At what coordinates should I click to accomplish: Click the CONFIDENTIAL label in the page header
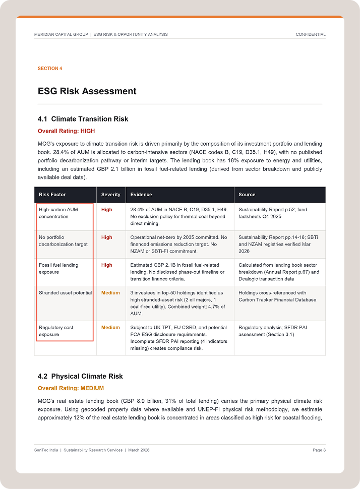311,34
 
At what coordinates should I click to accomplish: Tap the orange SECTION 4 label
50,69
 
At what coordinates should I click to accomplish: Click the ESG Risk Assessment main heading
87,91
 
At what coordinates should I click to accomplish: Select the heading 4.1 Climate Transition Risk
83,119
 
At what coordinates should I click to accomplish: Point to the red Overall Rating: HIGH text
66,131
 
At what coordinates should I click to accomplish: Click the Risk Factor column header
52,195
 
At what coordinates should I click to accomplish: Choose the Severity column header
111,195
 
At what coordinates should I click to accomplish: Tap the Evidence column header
141,195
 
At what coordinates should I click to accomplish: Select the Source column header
247,195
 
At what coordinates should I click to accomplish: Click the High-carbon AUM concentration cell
58,213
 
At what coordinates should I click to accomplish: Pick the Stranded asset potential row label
65,292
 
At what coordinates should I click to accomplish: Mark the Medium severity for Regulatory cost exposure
110,327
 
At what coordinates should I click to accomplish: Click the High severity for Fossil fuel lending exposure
106,265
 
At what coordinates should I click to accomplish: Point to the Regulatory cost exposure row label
56,331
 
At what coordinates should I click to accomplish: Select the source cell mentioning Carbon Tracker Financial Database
277,296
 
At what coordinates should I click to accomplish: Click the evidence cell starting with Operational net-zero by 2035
178,244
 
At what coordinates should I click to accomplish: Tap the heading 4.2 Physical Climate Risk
80,376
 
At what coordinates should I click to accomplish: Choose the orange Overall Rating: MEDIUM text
71,388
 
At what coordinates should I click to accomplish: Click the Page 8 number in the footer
319,450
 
